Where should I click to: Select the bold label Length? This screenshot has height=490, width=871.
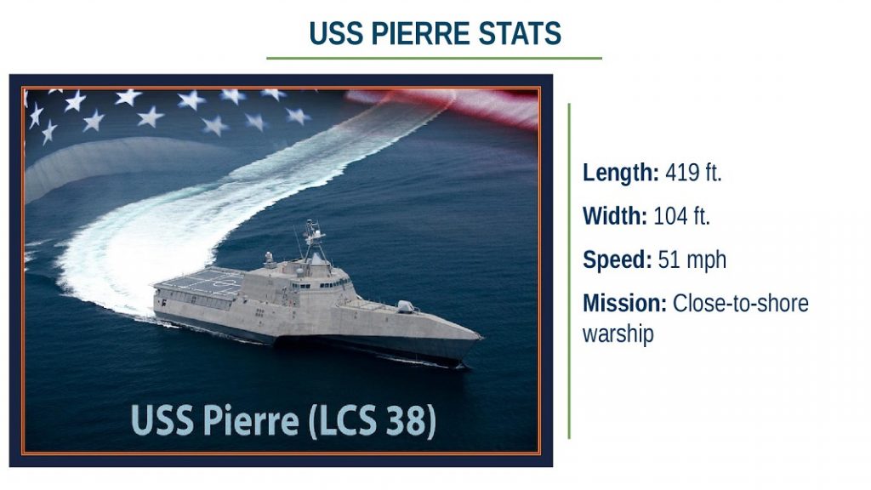(x=620, y=173)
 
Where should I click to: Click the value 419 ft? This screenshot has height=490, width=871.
(x=693, y=173)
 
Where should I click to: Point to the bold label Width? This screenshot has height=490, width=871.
(x=615, y=216)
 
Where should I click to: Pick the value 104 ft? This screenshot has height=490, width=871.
(x=681, y=216)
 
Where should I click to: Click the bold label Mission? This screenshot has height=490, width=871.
(x=624, y=304)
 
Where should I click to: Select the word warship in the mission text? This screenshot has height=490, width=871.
(x=618, y=334)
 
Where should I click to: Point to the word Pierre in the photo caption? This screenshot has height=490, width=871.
(x=251, y=420)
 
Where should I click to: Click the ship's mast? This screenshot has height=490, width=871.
(x=315, y=240)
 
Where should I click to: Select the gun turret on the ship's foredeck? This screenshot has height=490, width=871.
(x=406, y=306)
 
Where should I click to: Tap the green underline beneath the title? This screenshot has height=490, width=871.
(x=434, y=58)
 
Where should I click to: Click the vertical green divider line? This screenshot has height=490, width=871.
(x=569, y=271)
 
